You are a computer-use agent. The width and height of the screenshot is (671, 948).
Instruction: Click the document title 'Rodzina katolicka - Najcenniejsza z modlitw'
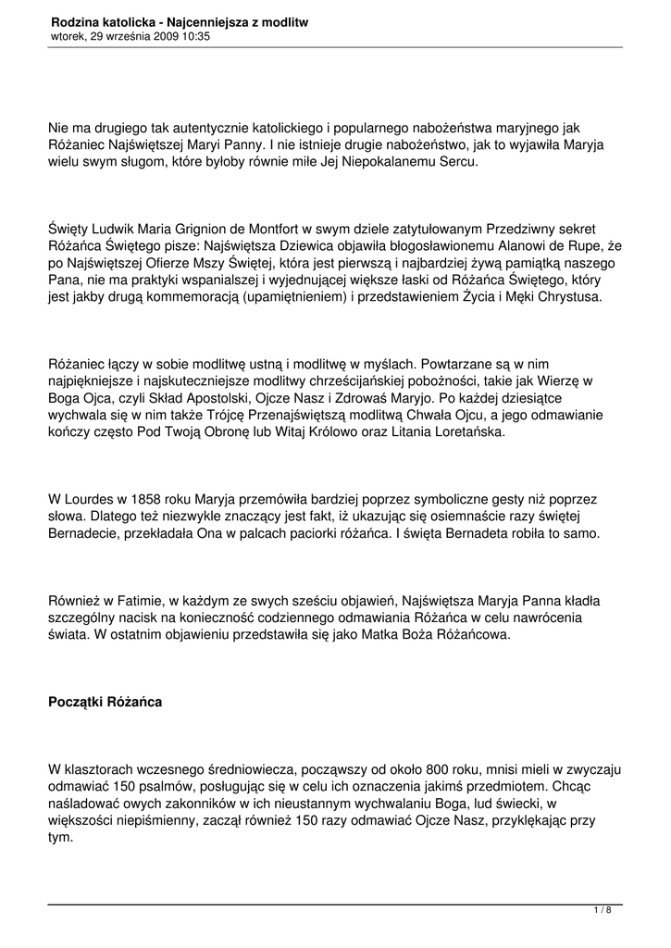point(180,21)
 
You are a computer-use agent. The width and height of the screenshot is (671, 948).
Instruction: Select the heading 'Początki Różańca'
point(105,702)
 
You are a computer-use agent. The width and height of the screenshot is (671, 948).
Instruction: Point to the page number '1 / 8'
point(602,911)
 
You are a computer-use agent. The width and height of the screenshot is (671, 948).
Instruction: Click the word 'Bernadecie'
point(87,534)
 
